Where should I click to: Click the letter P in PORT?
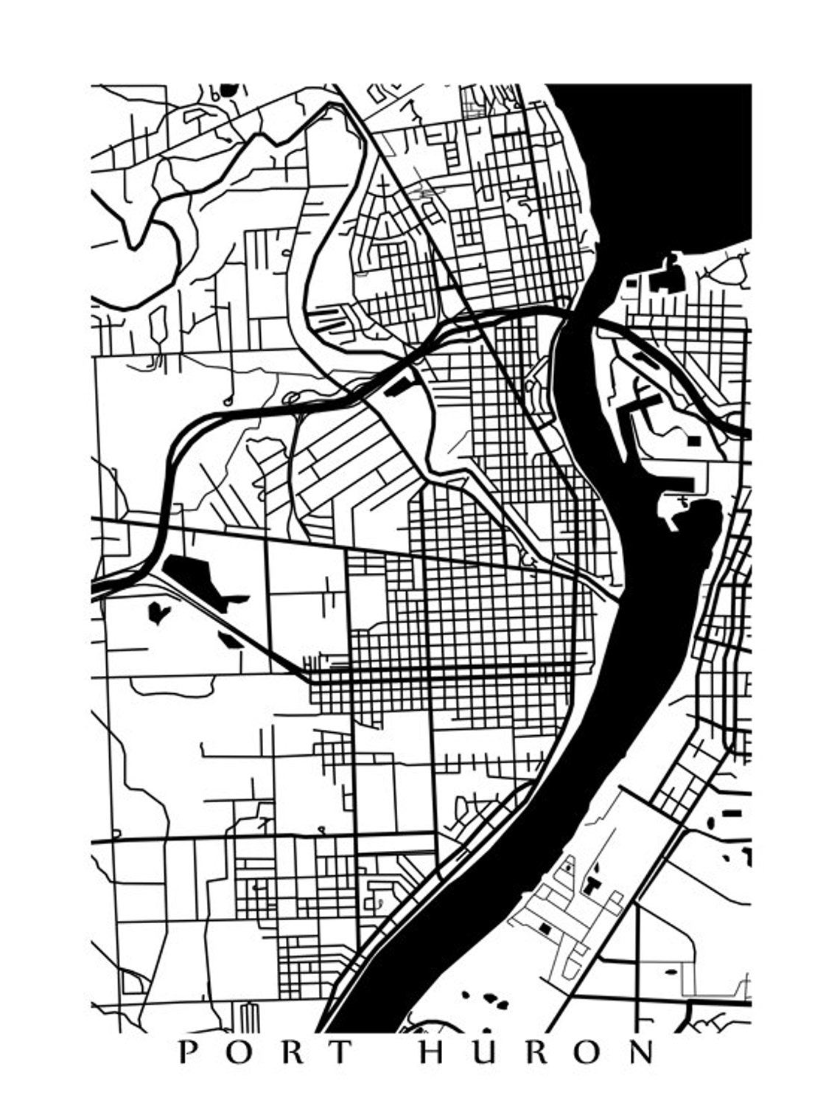[x=187, y=1052]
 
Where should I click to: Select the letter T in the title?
[x=340, y=1052]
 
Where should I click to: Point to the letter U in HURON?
[x=485, y=1052]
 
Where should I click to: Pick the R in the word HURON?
[x=537, y=1052]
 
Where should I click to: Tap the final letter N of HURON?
[x=642, y=1052]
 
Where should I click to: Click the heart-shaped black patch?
[x=158, y=611]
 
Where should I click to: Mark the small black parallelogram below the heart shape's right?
[x=230, y=639]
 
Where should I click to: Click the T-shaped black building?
[x=592, y=883]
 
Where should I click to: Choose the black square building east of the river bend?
[x=693, y=440]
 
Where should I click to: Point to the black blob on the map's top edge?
[x=228, y=89]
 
